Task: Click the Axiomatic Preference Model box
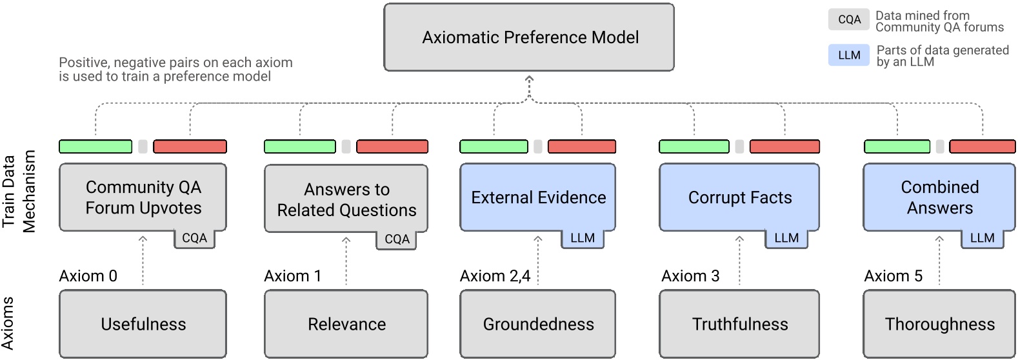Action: click(529, 37)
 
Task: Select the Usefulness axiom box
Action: click(143, 324)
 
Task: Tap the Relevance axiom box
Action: click(346, 324)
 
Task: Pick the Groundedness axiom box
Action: click(537, 324)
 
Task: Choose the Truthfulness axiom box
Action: click(739, 324)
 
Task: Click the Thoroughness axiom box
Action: click(939, 324)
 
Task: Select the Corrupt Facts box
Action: click(739, 197)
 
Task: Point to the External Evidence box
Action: click(537, 197)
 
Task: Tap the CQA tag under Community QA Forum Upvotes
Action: click(194, 238)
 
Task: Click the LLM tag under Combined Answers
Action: click(982, 238)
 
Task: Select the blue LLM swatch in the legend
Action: click(849, 55)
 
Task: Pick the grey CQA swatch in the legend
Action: click(849, 20)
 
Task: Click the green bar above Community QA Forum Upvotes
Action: click(95, 146)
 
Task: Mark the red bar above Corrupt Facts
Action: click(784, 146)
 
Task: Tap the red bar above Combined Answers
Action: click(983, 146)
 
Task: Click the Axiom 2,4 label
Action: click(495, 276)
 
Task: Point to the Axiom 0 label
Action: click(88, 276)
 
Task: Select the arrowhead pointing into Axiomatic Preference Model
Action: click(529, 79)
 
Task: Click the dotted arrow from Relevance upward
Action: click(346, 261)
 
